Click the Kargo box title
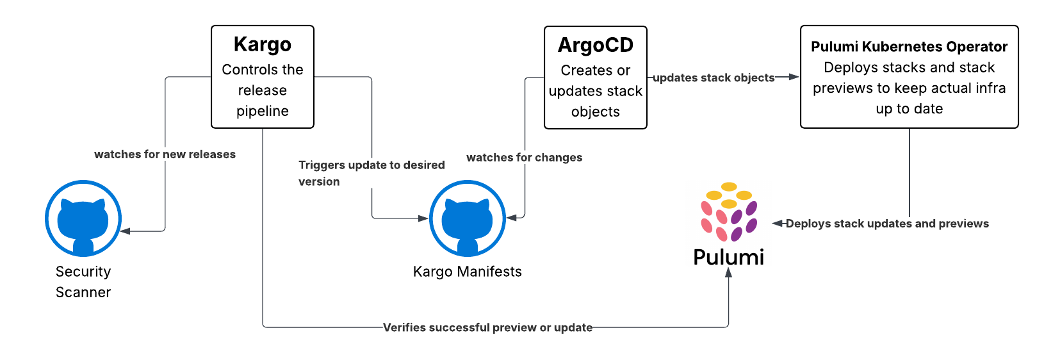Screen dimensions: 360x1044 (x=262, y=45)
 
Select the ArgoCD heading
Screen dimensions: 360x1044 (x=595, y=45)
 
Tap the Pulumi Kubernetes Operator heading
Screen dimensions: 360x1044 (x=909, y=47)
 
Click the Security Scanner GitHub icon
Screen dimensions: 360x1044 (x=83, y=218)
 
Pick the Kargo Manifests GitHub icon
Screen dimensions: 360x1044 (x=467, y=218)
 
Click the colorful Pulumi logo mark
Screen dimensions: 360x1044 (x=729, y=212)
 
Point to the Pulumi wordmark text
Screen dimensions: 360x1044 (x=728, y=258)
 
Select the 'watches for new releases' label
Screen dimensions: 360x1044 (x=165, y=154)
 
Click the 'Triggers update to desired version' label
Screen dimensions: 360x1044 (x=371, y=173)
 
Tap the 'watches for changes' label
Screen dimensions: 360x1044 (x=524, y=158)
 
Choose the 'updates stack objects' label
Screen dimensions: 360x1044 (x=714, y=78)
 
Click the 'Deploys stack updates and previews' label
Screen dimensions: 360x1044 (x=887, y=224)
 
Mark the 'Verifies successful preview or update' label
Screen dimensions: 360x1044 (x=487, y=327)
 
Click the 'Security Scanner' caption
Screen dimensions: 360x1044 (x=83, y=282)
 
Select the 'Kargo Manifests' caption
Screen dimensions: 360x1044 (x=467, y=272)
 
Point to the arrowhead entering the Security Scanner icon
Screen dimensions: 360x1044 (x=126, y=231)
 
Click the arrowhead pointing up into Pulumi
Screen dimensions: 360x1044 (x=728, y=272)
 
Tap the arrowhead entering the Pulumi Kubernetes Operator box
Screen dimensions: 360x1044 (x=794, y=77)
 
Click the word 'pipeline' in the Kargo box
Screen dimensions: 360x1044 (x=262, y=111)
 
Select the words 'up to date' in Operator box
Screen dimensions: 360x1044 (x=909, y=109)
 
